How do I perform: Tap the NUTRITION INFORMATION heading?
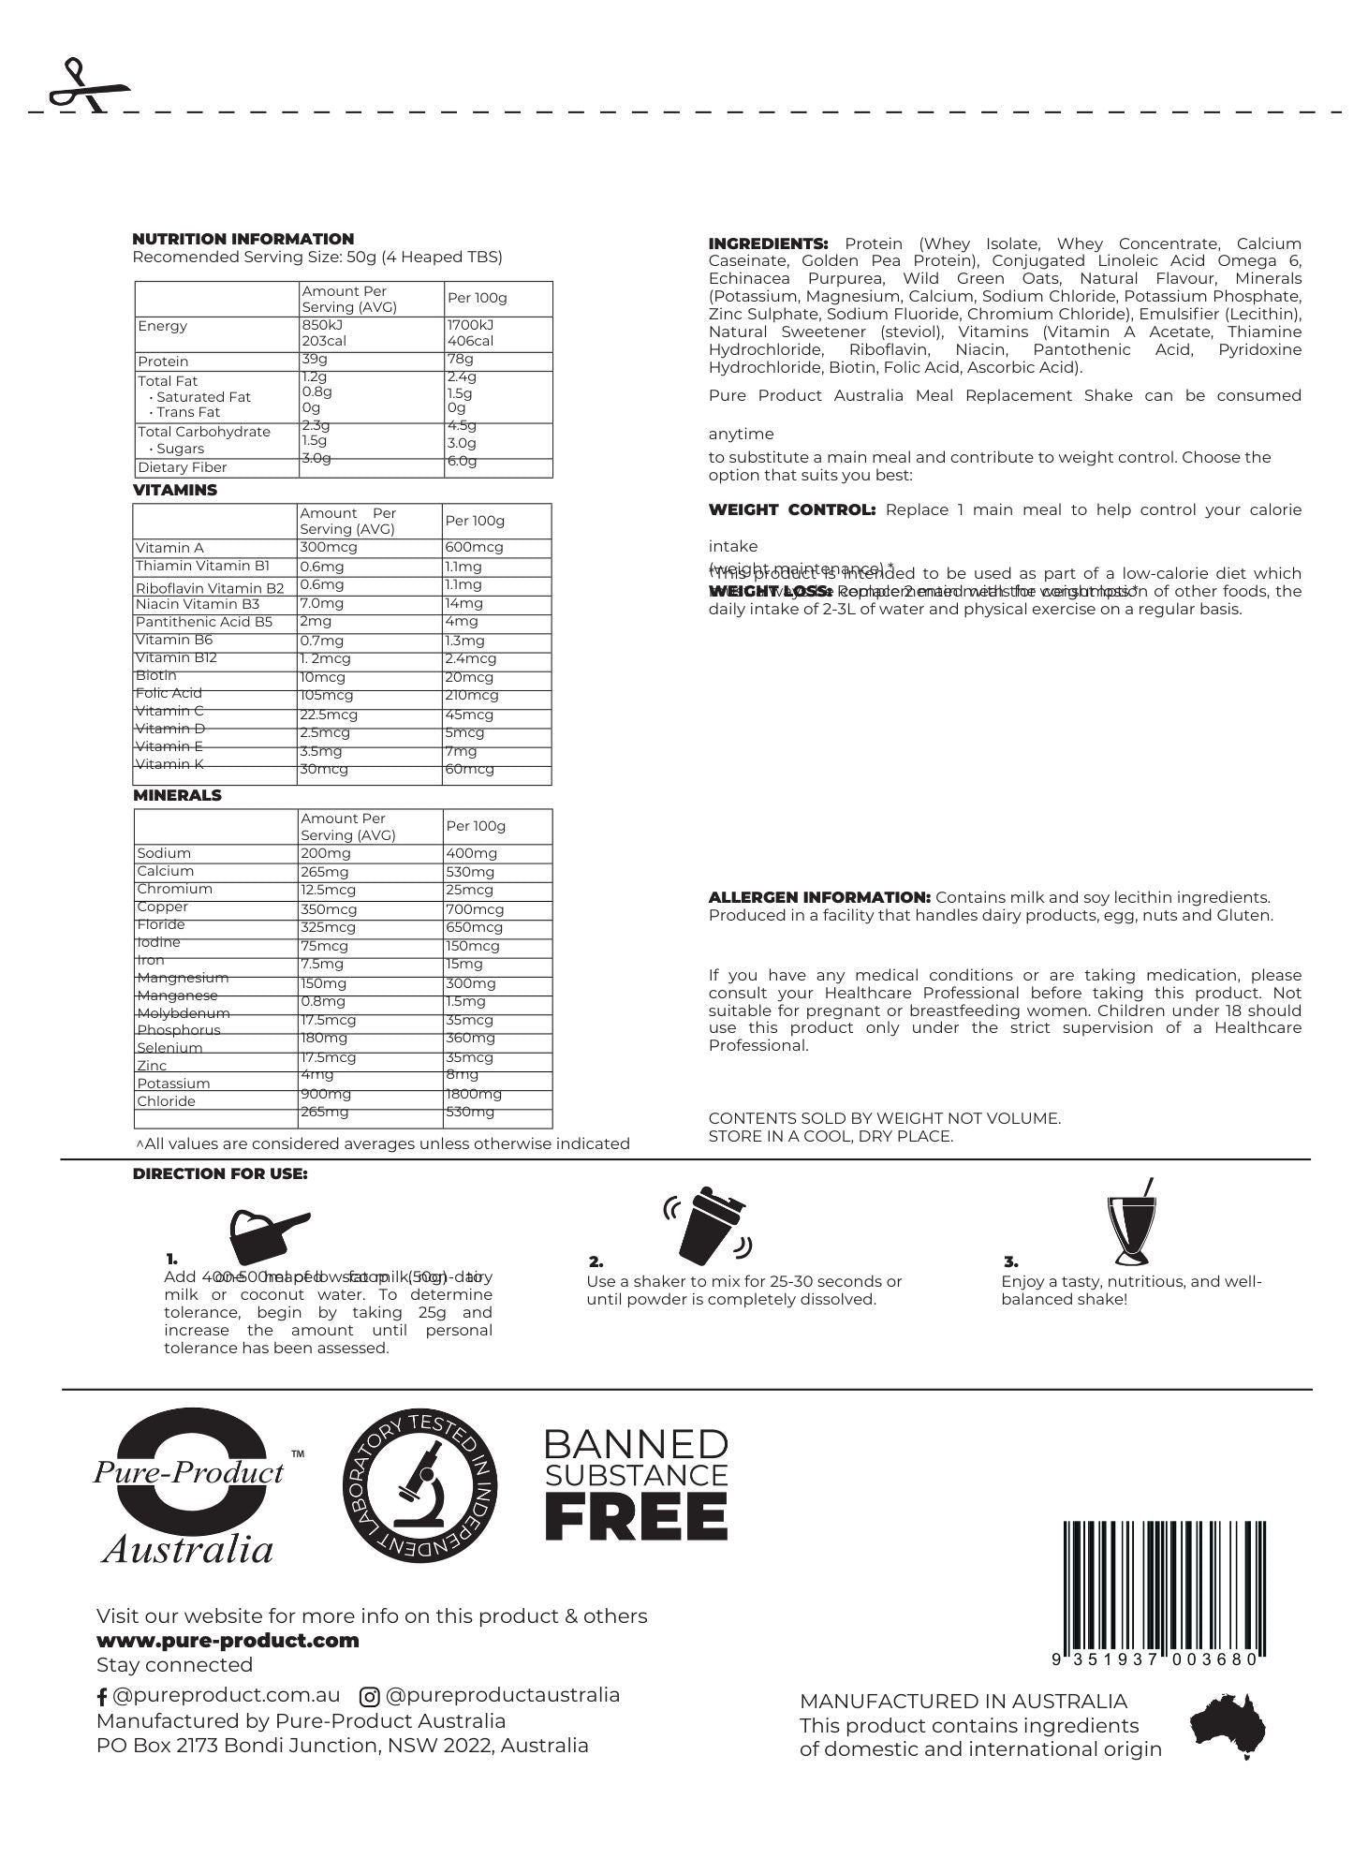point(243,239)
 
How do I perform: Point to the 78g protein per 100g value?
point(460,360)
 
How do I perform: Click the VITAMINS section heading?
point(174,490)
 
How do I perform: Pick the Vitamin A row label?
point(169,548)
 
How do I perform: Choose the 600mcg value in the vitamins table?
point(474,547)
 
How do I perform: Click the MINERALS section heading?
point(177,795)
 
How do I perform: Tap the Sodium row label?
point(164,853)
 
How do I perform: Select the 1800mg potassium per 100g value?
point(474,1094)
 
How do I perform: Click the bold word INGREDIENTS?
point(768,243)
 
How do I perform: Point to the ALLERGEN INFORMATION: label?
point(819,897)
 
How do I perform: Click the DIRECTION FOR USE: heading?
point(220,1173)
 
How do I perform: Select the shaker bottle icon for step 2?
point(708,1229)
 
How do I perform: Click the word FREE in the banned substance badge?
point(636,1517)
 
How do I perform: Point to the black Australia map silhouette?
point(1228,1725)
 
